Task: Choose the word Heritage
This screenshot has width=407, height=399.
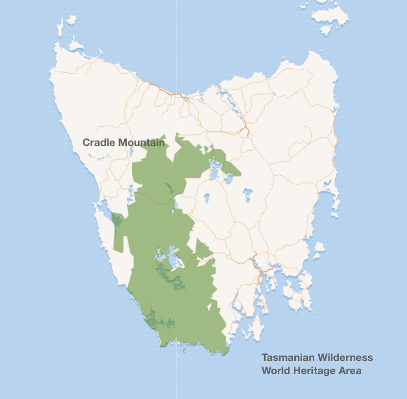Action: [314, 371]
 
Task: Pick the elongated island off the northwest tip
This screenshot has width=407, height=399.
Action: [71, 20]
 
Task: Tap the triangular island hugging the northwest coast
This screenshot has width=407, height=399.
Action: [76, 45]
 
